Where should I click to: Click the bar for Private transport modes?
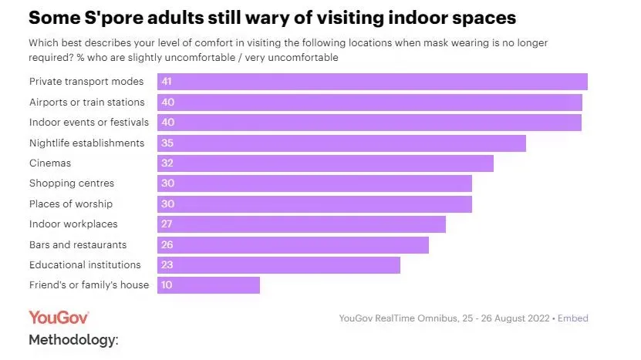[373, 82]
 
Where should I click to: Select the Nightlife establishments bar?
[342, 143]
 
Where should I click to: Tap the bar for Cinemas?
[326, 163]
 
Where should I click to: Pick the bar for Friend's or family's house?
[208, 285]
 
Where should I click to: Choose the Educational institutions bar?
[278, 265]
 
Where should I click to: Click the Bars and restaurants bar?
[293, 245]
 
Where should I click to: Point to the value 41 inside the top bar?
[167, 82]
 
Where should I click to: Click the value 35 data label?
[167, 143]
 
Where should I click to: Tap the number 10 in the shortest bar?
[167, 285]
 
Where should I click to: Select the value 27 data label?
[167, 224]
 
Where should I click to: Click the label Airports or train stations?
[86, 103]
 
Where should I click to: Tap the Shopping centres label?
[72, 183]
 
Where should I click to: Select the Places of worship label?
[71, 204]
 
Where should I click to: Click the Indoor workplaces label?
[73, 224]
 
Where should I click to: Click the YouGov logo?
[59, 318]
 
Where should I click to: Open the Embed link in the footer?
[573, 318]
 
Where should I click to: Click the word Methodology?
[73, 340]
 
